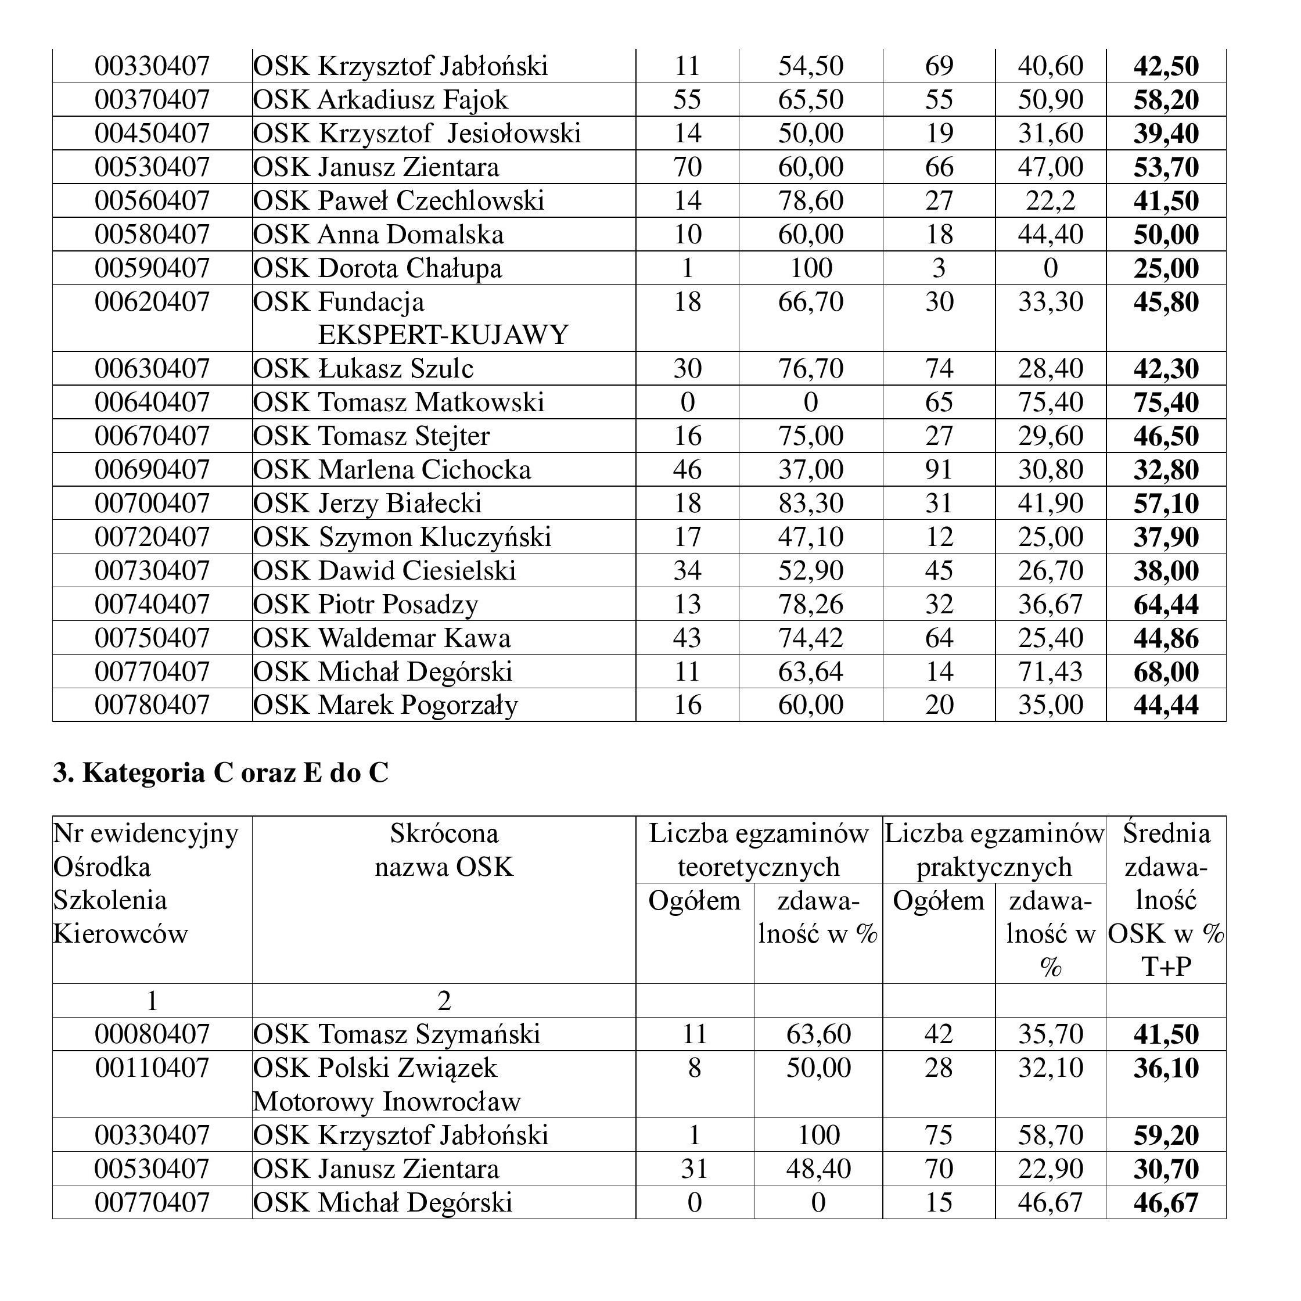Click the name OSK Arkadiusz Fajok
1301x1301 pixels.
coord(380,100)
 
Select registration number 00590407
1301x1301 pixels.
coord(152,268)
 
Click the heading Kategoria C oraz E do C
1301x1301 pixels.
coord(221,772)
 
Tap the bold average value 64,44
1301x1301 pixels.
coord(1166,605)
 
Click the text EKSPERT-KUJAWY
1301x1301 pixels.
coord(443,335)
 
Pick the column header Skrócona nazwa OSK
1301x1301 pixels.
coord(444,850)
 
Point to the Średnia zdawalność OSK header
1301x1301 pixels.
coord(1166,900)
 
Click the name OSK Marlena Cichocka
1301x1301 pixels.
coord(392,470)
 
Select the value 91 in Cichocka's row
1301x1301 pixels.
coord(939,470)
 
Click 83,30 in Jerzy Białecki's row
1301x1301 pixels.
coord(811,504)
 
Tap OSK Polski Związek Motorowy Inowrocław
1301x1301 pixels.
coord(387,1085)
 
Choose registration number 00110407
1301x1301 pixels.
coord(152,1068)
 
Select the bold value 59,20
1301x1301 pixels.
coord(1166,1135)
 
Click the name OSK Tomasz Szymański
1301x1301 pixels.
coord(397,1034)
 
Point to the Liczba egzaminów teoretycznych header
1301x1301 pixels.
coord(759,850)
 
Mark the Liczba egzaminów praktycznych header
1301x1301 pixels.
coord(994,850)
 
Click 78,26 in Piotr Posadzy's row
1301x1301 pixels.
coord(811,605)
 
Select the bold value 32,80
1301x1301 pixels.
coord(1166,470)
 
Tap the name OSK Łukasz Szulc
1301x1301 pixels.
coord(363,369)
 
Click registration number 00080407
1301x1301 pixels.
coord(152,1034)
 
